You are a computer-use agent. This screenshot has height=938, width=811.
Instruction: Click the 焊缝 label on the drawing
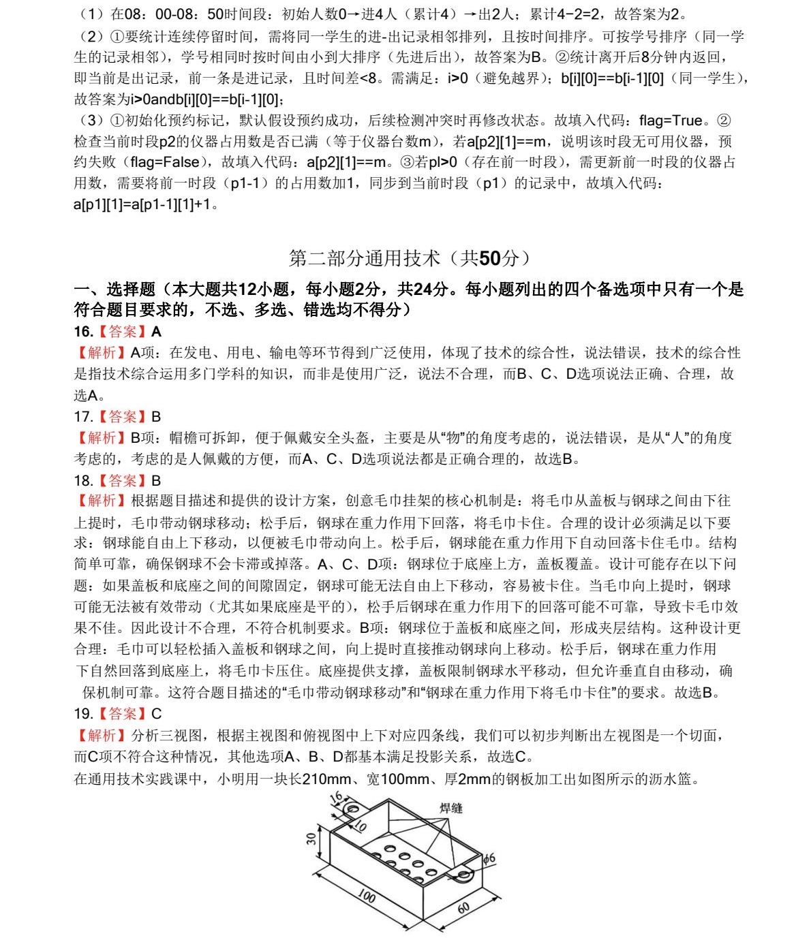(450, 808)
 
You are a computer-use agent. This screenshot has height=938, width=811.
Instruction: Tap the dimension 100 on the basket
(366, 896)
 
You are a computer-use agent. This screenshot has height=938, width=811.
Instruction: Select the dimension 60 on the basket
(463, 907)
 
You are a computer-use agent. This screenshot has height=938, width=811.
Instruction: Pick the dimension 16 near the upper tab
(336, 798)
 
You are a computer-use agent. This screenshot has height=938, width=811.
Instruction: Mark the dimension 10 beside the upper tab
(360, 826)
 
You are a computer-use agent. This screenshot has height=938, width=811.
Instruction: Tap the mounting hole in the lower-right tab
(465, 873)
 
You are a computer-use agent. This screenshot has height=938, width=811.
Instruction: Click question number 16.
(83, 332)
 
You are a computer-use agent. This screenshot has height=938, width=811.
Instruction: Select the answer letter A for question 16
(156, 332)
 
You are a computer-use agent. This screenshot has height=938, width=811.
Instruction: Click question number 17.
(83, 417)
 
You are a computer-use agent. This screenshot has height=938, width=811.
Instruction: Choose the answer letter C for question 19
(156, 714)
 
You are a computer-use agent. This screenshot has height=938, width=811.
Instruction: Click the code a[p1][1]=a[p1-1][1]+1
(142, 204)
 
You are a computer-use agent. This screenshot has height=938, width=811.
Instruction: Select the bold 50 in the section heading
(489, 258)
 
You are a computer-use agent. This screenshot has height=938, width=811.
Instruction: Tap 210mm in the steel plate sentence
(326, 779)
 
